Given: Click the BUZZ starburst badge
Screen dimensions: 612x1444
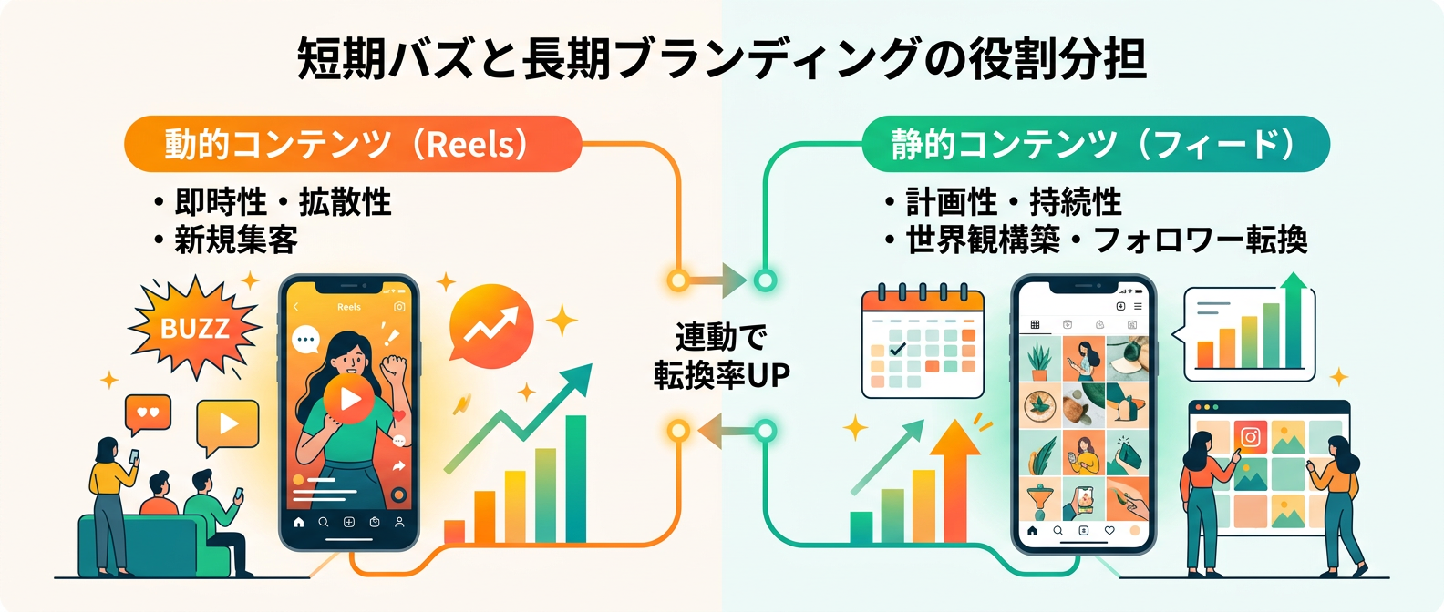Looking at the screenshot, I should click(x=194, y=328).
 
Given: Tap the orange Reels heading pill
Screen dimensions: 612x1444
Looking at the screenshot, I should click(x=352, y=144).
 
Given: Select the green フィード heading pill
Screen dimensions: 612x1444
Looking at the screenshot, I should click(x=1095, y=144).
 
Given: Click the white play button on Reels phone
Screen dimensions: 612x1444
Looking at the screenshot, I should click(x=348, y=399).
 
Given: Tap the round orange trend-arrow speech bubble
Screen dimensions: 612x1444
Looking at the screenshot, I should click(x=491, y=326).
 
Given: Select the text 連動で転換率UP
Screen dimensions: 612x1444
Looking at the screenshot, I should click(x=721, y=356).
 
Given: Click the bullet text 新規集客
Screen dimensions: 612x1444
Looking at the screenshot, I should click(x=236, y=240).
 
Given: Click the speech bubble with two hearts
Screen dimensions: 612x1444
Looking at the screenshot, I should click(x=148, y=413).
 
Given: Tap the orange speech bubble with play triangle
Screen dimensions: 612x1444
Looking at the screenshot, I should click(x=228, y=424).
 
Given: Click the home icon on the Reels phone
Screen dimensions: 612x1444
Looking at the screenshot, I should click(x=298, y=523).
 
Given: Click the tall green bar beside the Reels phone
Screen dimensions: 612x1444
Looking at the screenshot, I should click(x=575, y=479).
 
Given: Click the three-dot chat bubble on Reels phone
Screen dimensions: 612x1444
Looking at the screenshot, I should click(x=305, y=340).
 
